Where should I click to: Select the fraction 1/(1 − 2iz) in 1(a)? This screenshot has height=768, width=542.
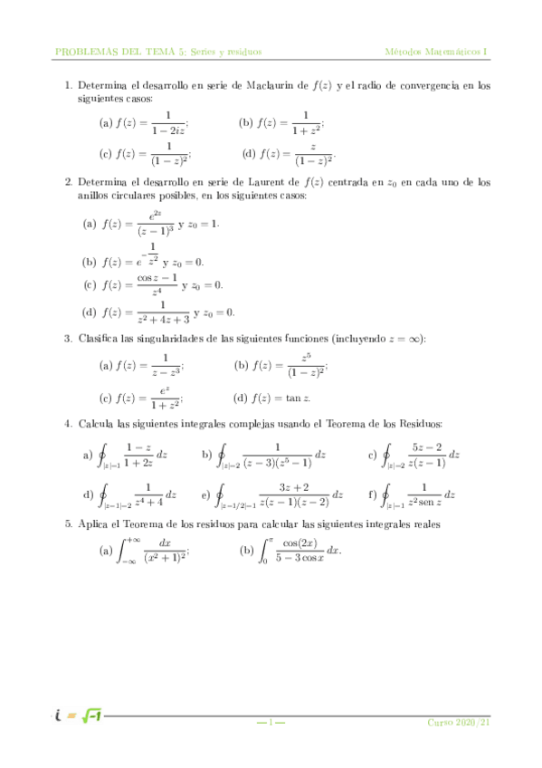(168, 123)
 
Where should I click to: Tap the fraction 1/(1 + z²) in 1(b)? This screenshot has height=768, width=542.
(306, 123)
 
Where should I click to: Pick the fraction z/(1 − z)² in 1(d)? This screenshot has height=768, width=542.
(313, 154)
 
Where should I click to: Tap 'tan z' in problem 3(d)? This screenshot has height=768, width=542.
(298, 398)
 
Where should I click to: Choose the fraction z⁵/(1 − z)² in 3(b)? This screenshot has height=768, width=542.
(308, 366)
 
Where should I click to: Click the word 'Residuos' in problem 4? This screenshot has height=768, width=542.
(418, 424)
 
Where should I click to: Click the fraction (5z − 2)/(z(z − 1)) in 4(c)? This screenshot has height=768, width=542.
(426, 455)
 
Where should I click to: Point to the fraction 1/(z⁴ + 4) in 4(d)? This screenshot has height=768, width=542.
(148, 494)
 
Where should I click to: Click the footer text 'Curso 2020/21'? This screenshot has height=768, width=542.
(459, 722)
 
